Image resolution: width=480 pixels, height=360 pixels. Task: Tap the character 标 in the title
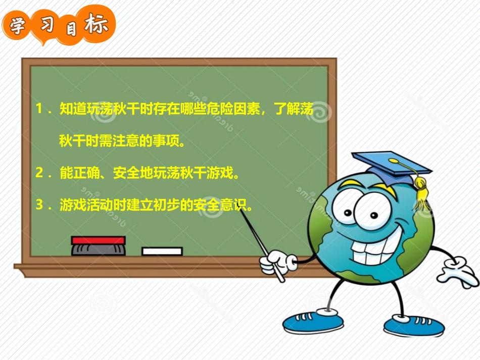click(96, 24)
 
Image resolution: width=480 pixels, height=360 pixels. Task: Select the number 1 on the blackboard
click(39, 109)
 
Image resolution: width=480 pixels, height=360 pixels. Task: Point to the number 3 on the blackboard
click(39, 205)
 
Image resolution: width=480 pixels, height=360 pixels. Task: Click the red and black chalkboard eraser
click(98, 245)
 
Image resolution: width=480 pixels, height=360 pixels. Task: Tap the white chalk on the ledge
click(162, 251)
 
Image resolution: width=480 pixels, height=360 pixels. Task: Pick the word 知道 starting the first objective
click(73, 109)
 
